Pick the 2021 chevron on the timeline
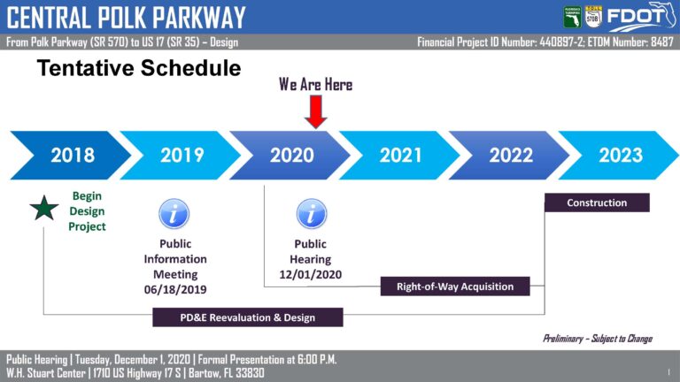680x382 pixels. click(x=400, y=155)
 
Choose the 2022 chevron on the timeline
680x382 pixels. click(x=510, y=155)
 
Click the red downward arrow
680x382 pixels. click(x=316, y=111)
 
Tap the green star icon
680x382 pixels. click(x=44, y=209)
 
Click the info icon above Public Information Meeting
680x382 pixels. click(x=174, y=213)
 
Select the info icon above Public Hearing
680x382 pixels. click(x=312, y=214)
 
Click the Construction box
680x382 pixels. click(x=597, y=202)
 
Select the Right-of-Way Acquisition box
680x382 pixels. click(x=455, y=286)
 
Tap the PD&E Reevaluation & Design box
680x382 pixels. click(x=248, y=317)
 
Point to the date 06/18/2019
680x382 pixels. click(x=175, y=290)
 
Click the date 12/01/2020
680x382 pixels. click(x=311, y=275)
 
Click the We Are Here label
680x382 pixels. click(x=316, y=85)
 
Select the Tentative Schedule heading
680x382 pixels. click(x=139, y=68)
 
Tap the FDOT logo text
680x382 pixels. click(x=635, y=17)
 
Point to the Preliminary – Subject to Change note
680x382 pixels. click(x=598, y=339)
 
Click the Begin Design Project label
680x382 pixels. click(x=87, y=211)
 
